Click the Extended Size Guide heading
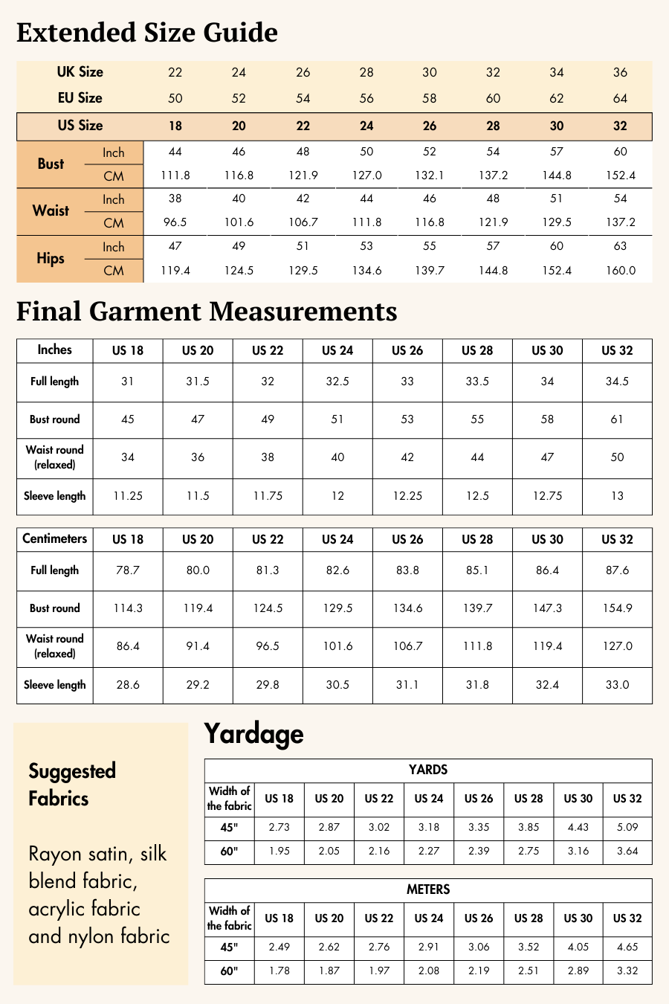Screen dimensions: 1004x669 pyautogui.click(x=147, y=33)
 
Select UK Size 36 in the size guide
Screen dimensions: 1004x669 pyautogui.click(x=620, y=72)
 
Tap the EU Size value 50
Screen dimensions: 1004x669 pyautogui.click(x=175, y=98)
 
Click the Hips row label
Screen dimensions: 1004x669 pyautogui.click(x=51, y=259)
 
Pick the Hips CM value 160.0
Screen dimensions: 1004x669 pyautogui.click(x=620, y=271)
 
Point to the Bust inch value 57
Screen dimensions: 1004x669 pyautogui.click(x=557, y=152)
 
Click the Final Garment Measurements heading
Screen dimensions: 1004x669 pyautogui.click(x=207, y=312)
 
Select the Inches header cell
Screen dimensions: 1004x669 pyautogui.click(x=55, y=350)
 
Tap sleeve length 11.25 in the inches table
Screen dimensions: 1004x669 pyautogui.click(x=128, y=496)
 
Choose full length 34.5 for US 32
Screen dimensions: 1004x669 pyautogui.click(x=617, y=382)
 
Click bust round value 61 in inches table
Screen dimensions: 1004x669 pyautogui.click(x=617, y=419)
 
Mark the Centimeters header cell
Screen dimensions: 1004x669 pyautogui.click(x=55, y=539)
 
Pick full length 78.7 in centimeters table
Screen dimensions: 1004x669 pyautogui.click(x=128, y=570)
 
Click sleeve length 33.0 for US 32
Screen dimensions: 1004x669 pyautogui.click(x=617, y=685)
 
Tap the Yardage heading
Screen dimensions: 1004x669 pyautogui.click(x=253, y=734)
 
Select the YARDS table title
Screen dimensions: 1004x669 pyautogui.click(x=428, y=770)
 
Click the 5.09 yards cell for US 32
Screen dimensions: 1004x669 pyautogui.click(x=627, y=827)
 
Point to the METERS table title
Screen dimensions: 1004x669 pyautogui.click(x=428, y=890)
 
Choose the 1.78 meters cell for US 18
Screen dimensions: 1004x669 pyautogui.click(x=279, y=971)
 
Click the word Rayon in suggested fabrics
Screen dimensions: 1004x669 pyautogui.click(x=55, y=854)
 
